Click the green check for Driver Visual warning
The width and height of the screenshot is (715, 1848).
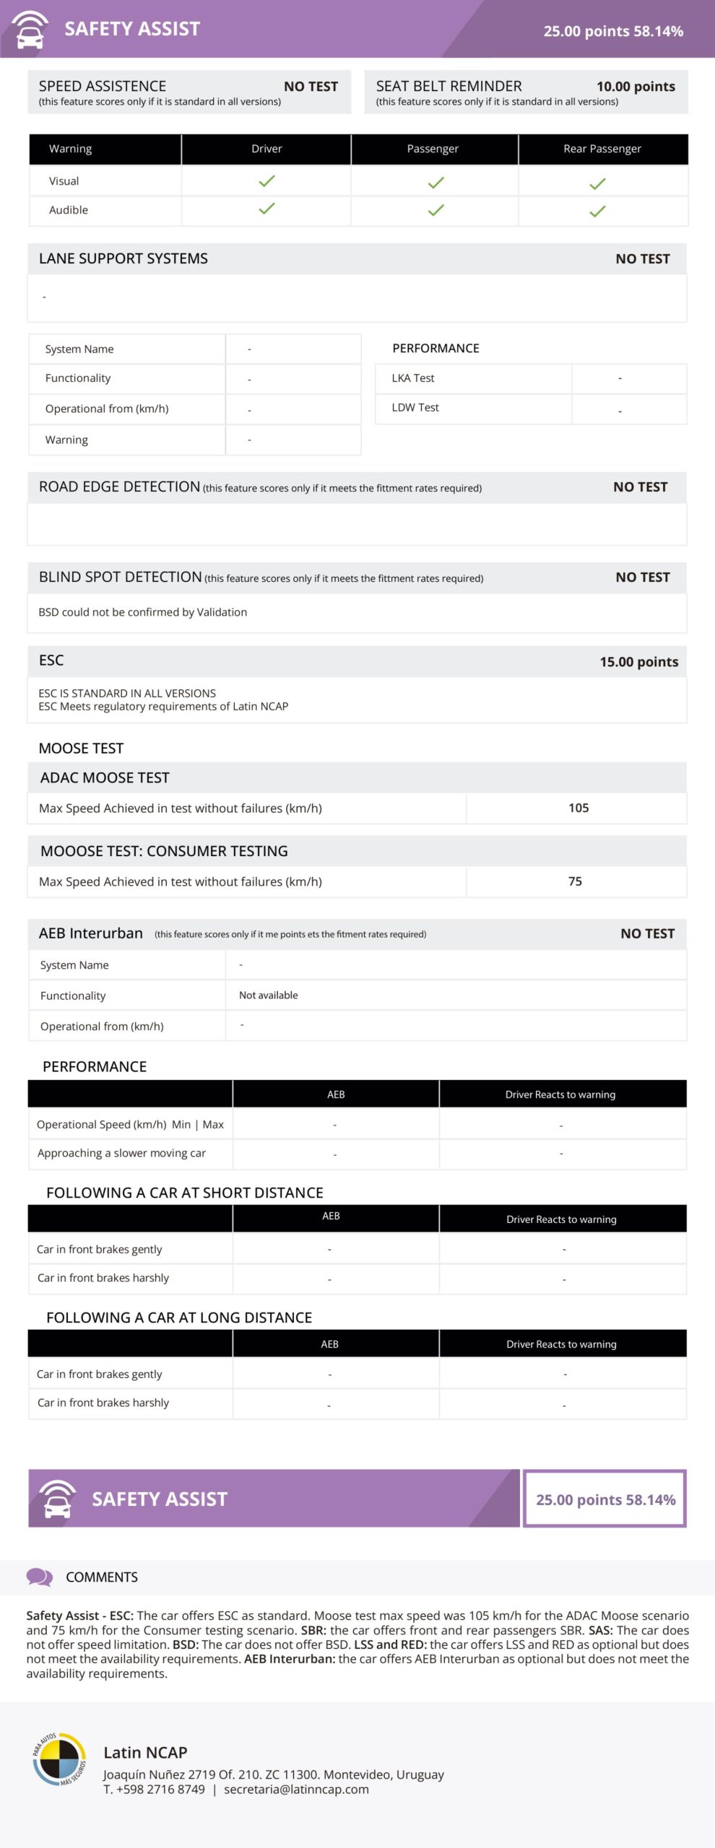(x=266, y=180)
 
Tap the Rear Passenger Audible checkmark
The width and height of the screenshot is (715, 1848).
(x=597, y=212)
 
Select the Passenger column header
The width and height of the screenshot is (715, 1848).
(x=433, y=149)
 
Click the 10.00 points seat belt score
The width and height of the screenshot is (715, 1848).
(x=636, y=87)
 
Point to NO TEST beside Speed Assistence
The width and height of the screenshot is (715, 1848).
(x=311, y=87)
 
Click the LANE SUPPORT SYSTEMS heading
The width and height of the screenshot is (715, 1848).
(x=123, y=258)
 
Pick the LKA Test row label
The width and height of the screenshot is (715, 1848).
(x=413, y=378)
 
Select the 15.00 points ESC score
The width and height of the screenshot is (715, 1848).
(x=638, y=662)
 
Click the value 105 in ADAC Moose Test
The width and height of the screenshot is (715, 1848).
(x=578, y=808)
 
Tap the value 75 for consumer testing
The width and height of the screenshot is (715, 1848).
(x=575, y=881)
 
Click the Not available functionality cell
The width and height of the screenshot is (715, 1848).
(x=269, y=995)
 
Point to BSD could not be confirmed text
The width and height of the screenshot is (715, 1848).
(x=143, y=612)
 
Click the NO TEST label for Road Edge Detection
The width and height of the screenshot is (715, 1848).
(x=640, y=487)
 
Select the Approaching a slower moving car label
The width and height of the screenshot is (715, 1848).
(x=121, y=1154)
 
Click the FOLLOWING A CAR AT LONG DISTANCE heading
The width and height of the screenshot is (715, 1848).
(x=179, y=1317)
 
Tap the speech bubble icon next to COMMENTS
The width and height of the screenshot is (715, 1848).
(x=39, y=1577)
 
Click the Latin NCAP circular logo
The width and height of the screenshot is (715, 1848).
(x=59, y=1760)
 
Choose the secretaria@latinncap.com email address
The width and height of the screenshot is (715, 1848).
(x=296, y=1790)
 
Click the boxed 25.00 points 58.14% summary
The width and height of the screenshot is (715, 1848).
(x=605, y=1499)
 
